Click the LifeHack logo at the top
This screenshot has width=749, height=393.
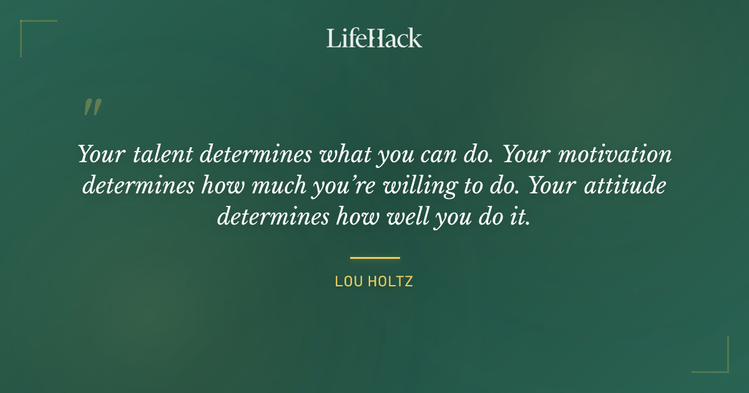point(374,38)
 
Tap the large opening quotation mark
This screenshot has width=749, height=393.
point(92,107)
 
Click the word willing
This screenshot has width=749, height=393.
point(422,186)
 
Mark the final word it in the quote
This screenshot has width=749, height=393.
point(523,217)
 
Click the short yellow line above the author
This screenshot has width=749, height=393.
point(374,257)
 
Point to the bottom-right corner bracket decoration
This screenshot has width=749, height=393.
point(718,362)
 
